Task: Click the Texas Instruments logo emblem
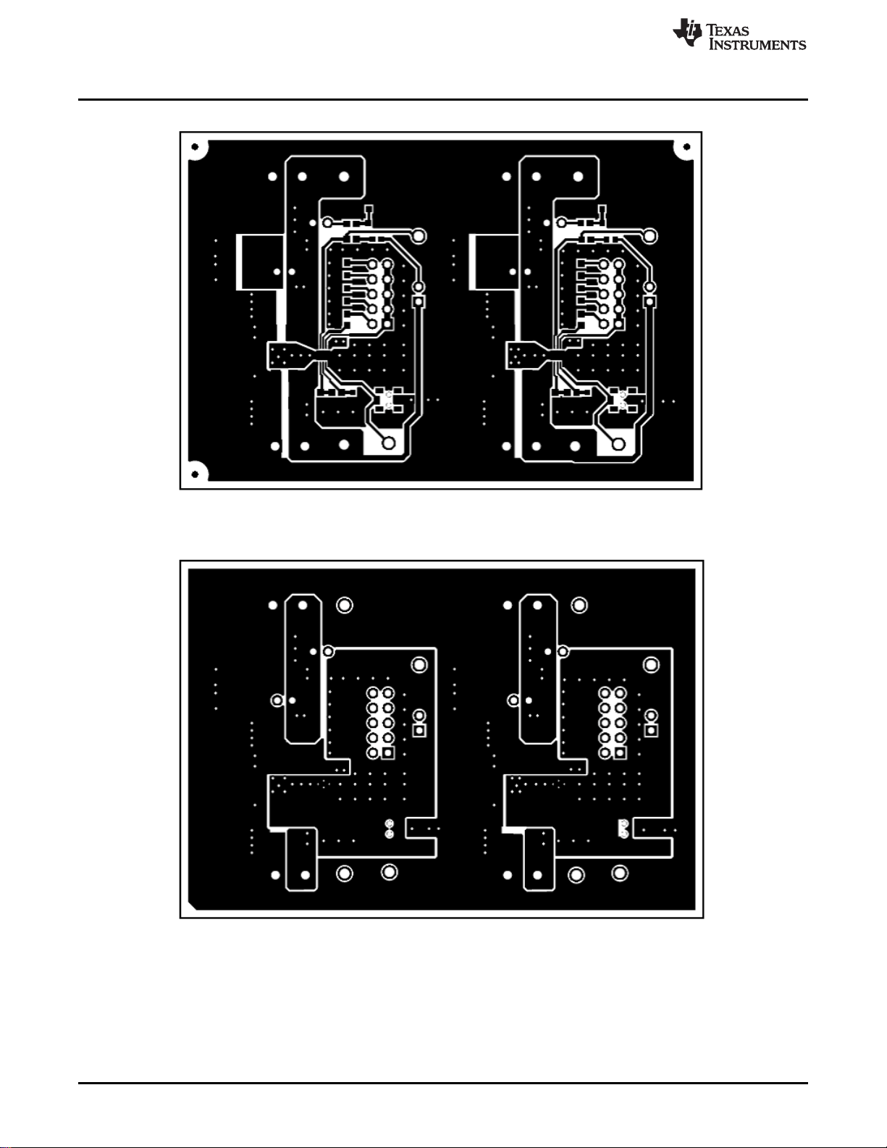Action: (x=687, y=32)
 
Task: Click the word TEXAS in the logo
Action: (x=728, y=30)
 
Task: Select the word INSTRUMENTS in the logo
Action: (x=757, y=44)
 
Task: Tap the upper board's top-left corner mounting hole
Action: (x=195, y=147)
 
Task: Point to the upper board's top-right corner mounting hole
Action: (x=687, y=147)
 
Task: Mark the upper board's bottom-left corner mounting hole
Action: (x=195, y=474)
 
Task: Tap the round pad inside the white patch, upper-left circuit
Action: (x=389, y=443)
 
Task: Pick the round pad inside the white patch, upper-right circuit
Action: (x=619, y=443)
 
